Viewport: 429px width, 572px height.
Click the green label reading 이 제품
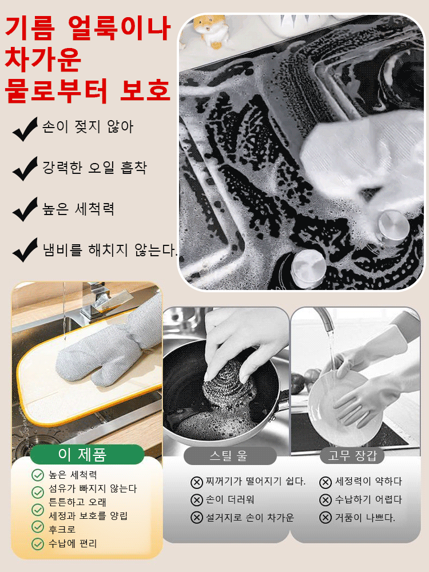87,455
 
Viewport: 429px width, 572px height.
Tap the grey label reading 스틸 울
229,456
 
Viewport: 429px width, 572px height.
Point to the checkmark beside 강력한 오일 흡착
25,169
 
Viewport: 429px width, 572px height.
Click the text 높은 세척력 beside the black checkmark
78,209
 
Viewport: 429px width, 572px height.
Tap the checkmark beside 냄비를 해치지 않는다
25,251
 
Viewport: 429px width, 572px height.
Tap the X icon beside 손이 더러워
196,500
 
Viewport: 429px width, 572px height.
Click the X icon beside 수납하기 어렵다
325,500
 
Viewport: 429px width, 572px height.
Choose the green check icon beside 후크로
38,527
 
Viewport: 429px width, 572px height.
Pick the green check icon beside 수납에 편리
38,543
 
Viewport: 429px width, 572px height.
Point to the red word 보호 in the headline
146,90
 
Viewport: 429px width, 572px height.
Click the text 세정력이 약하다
368,482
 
